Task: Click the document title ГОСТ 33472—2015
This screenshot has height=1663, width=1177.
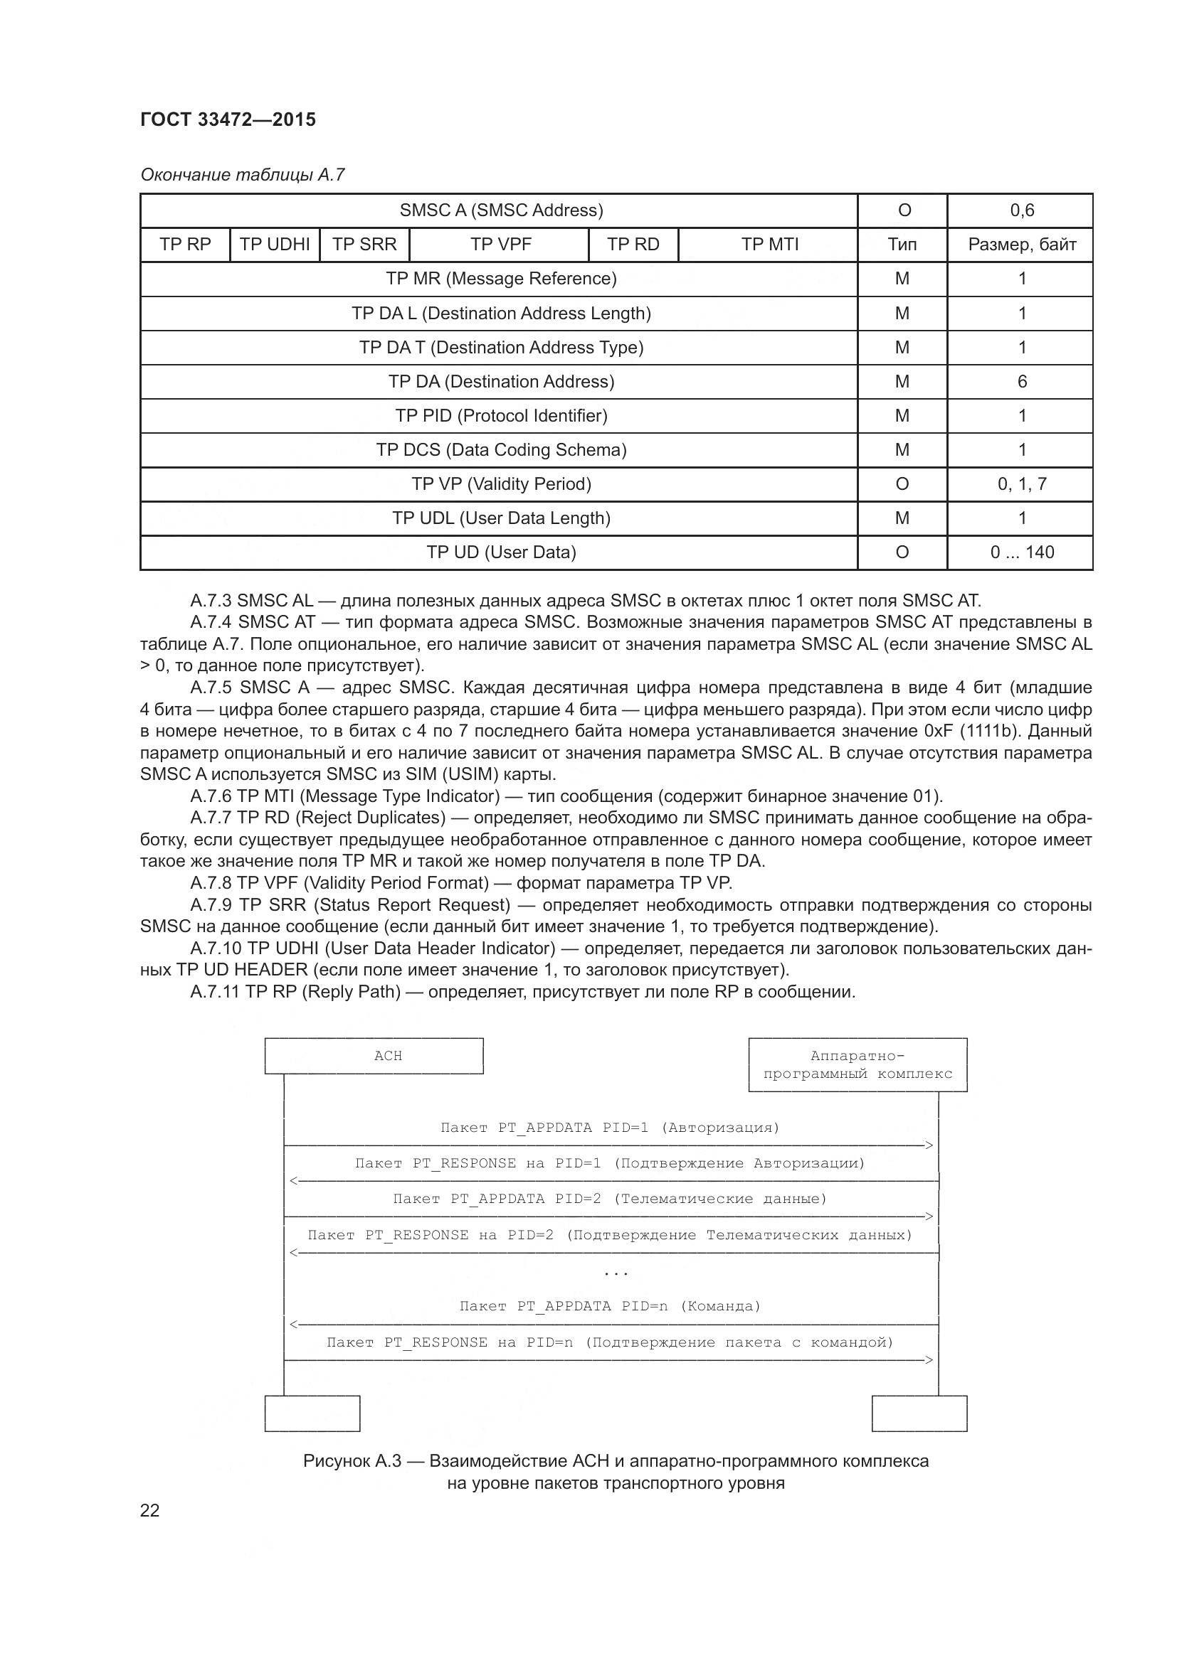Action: [x=228, y=119]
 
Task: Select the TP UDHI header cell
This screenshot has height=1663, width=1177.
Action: [x=275, y=244]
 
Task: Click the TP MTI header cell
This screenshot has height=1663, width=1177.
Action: [x=769, y=244]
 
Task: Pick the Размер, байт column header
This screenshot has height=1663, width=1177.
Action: [x=1021, y=244]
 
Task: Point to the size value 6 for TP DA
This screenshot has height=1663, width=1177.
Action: [x=1022, y=381]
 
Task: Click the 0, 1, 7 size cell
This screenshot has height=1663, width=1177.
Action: [x=1022, y=484]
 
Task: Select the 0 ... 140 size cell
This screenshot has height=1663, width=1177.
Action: [x=1022, y=552]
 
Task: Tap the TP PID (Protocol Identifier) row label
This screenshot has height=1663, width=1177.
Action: [x=501, y=416]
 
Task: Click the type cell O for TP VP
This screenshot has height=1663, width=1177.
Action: [x=902, y=484]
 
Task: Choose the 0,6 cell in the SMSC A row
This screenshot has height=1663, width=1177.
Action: [x=1022, y=210]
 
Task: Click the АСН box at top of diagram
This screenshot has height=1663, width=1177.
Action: [x=374, y=1055]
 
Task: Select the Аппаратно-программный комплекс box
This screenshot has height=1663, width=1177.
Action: [x=857, y=1065]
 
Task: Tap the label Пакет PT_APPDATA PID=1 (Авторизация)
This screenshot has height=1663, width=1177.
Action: [x=610, y=1127]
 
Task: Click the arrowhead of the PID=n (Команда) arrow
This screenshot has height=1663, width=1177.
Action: [x=293, y=1325]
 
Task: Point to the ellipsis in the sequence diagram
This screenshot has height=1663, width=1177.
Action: [x=616, y=1273]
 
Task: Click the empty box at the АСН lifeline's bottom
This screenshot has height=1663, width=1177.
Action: [x=312, y=1413]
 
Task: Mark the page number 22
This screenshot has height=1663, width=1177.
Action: [x=149, y=1510]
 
